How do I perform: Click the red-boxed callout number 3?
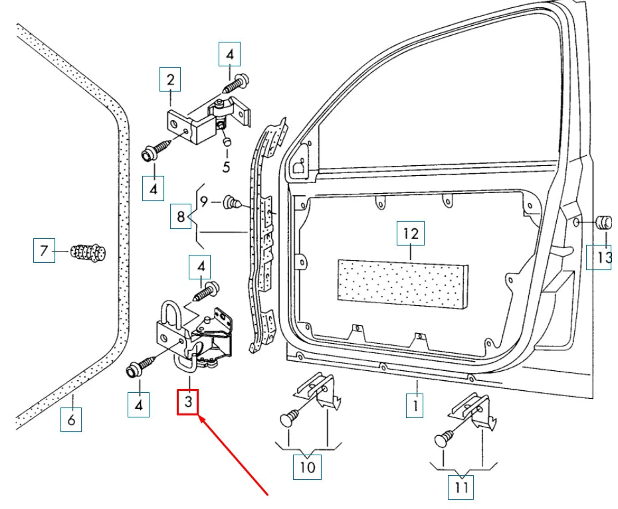coord(188,401)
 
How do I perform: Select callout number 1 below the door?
coord(415,405)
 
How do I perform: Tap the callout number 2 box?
coord(170,80)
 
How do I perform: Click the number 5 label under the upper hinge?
coord(226,167)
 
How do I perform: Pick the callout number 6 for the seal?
coord(71,420)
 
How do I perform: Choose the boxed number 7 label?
coord(44,252)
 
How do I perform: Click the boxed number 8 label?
coord(180,216)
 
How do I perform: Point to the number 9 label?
coord(204,200)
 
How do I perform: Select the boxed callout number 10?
coord(307,467)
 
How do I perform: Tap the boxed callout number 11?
coord(462,488)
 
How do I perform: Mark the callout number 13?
coord(601,257)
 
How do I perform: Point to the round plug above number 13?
coord(604,222)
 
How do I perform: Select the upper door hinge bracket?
coord(199,119)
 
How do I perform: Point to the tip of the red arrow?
coord(200,417)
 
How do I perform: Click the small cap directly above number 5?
coord(226,141)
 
